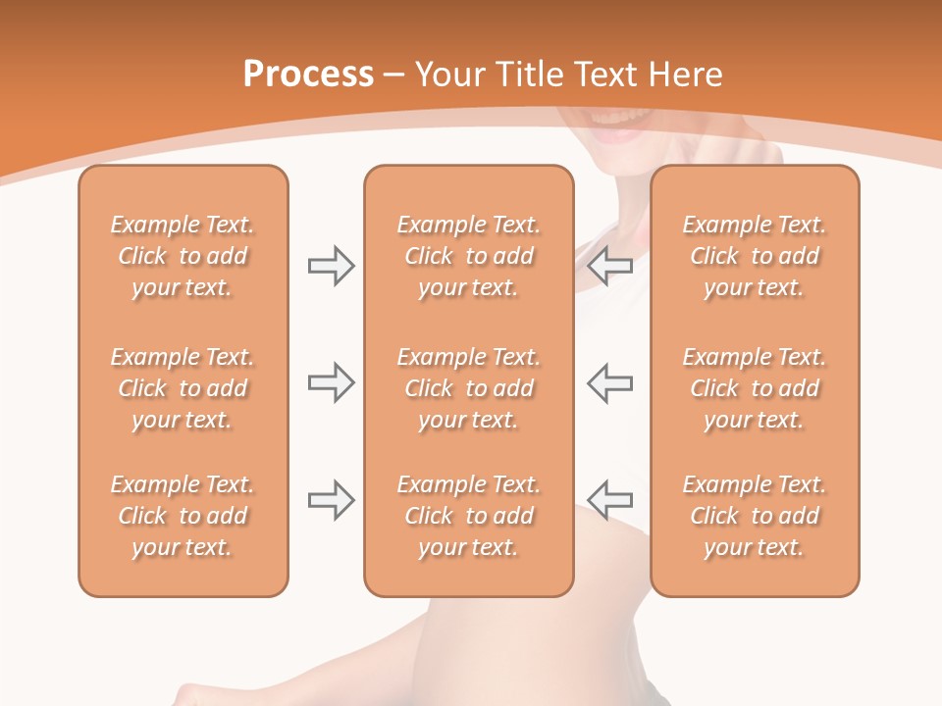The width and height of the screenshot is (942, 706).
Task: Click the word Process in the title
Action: (308, 75)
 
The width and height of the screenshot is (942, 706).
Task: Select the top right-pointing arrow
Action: (332, 266)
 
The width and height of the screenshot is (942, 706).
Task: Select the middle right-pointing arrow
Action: (332, 382)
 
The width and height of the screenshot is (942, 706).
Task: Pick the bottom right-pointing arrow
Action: (332, 500)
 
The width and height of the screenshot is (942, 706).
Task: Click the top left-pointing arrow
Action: (610, 266)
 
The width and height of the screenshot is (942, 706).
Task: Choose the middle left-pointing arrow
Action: (610, 382)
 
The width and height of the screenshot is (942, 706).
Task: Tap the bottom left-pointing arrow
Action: (610, 500)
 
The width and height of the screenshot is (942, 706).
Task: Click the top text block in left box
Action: (183, 256)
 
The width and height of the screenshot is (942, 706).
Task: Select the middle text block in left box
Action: (183, 388)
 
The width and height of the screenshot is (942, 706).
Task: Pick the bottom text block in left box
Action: (183, 516)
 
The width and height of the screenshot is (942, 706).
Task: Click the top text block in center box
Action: (468, 256)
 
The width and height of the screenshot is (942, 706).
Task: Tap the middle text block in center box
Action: (468, 388)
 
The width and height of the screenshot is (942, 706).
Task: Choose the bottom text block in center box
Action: (468, 516)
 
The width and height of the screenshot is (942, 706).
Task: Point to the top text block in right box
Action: (754, 256)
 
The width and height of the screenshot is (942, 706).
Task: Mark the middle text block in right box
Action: (754, 388)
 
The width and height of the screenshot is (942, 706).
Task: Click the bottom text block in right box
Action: (754, 516)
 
